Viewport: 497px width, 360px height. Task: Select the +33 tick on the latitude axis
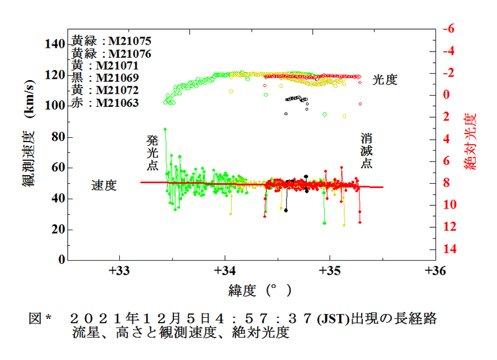[120, 271]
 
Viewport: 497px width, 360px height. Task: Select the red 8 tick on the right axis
[447, 183]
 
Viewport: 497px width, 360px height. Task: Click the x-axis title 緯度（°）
[260, 290]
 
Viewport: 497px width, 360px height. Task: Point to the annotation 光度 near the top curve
[385, 79]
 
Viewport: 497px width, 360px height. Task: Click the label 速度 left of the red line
[104, 185]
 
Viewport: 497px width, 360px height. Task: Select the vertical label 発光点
[153, 153]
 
